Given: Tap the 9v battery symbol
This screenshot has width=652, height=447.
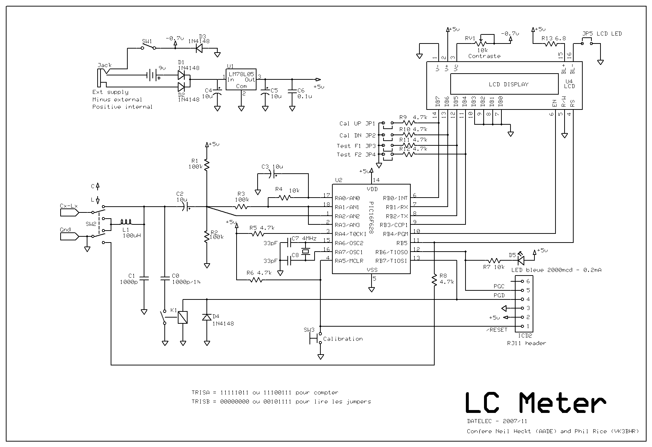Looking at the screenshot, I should pos(152,76).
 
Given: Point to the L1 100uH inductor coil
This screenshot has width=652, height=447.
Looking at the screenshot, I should pos(126,222).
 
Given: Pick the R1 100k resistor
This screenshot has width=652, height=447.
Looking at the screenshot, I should pos(206,165).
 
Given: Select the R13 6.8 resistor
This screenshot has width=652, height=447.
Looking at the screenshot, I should pos(551,44).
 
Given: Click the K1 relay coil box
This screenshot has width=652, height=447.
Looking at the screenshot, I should pos(183,318).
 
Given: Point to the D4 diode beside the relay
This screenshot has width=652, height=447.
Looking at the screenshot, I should pos(207,317).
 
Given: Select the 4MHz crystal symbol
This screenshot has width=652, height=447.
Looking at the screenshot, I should pos(306,252).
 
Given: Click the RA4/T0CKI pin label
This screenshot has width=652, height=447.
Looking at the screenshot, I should pos(350,234).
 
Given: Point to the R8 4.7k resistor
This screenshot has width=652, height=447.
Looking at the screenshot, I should pos(434,280).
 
